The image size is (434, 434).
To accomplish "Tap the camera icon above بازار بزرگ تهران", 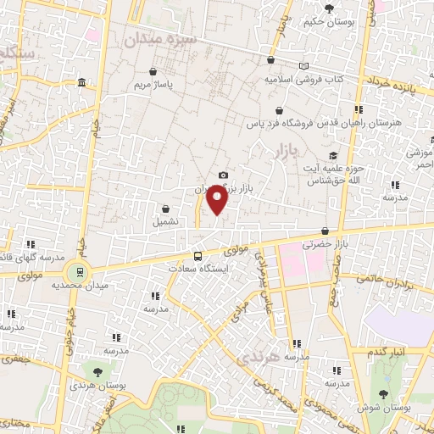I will coord(223,175).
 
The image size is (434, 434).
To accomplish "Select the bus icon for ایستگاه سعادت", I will coord(198,255).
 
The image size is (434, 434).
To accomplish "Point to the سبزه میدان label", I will coord(160,40).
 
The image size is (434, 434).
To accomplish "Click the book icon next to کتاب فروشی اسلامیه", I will coord(304,65).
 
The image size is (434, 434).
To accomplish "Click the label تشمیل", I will coord(165,222).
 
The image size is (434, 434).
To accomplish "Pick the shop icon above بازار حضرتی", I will coord(325,231).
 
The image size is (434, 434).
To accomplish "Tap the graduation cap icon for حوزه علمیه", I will coord(334,155).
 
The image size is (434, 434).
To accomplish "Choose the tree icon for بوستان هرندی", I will coord(97,370).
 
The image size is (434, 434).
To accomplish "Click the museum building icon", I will coord(81,83).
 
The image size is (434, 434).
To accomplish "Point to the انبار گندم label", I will coord(390,351).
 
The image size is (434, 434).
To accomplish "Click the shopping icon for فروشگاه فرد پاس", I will coord(279,110).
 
